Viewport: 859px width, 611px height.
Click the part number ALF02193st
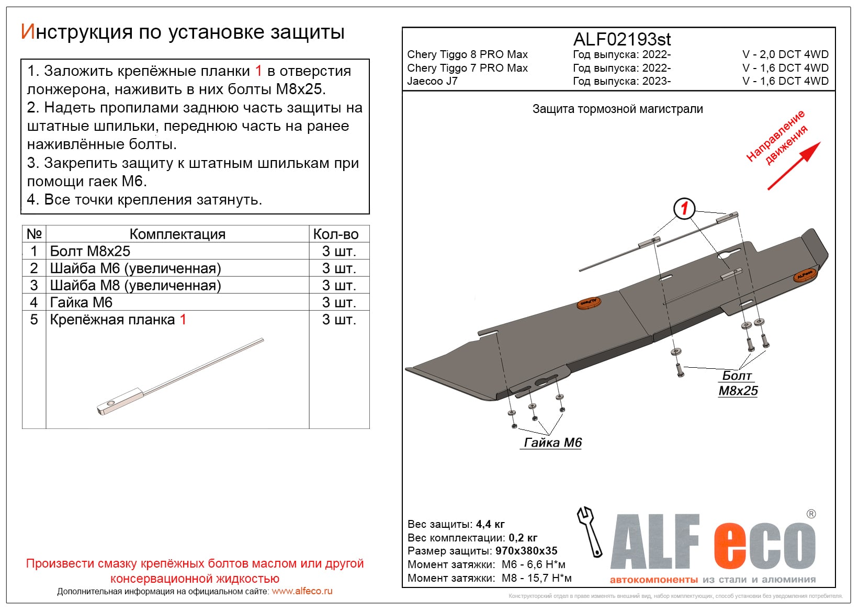click(x=621, y=40)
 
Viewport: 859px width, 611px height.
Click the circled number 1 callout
click(x=684, y=209)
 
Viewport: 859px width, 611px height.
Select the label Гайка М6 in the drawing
click(x=552, y=443)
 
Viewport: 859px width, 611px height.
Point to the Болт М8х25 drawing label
click(x=738, y=383)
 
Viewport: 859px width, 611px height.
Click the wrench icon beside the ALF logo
click(x=590, y=531)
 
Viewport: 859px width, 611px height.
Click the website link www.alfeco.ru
click(x=302, y=591)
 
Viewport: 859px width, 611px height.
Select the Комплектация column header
click(x=177, y=234)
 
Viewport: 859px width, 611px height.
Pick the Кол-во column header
click(x=336, y=234)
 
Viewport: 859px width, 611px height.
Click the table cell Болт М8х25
click(x=90, y=251)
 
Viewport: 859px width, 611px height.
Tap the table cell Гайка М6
click(x=81, y=302)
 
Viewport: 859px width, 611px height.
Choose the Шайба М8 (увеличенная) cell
click(x=135, y=286)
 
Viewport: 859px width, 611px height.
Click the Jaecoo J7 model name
click(x=432, y=81)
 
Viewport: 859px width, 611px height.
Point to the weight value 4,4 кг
click(x=490, y=524)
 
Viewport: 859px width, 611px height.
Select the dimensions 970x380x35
click(x=526, y=551)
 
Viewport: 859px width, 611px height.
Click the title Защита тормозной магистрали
click(x=617, y=109)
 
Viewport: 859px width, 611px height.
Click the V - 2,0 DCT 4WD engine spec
click(x=785, y=54)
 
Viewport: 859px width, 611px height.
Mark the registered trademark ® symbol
click(x=811, y=514)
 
